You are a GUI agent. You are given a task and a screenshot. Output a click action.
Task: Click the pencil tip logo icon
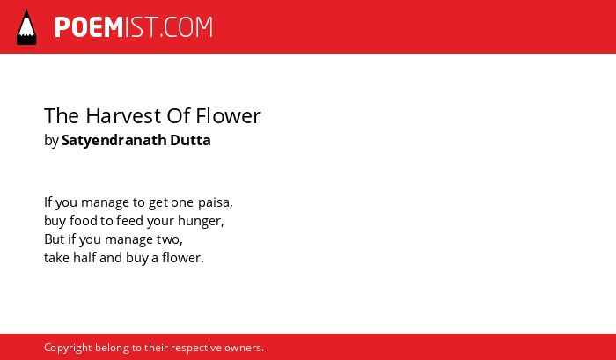[26, 26]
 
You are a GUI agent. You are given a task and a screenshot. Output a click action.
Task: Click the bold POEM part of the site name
[89, 27]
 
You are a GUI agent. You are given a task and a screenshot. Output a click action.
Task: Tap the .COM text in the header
[187, 27]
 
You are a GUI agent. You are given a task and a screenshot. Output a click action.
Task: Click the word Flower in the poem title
[228, 116]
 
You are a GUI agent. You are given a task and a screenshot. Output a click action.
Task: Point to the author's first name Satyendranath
[114, 140]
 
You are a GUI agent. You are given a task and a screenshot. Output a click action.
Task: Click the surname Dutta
[190, 140]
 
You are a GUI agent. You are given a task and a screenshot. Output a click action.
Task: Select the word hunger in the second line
[201, 221]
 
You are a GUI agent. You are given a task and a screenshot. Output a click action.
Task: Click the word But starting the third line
[55, 239]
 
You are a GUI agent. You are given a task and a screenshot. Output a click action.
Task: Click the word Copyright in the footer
[68, 349]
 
